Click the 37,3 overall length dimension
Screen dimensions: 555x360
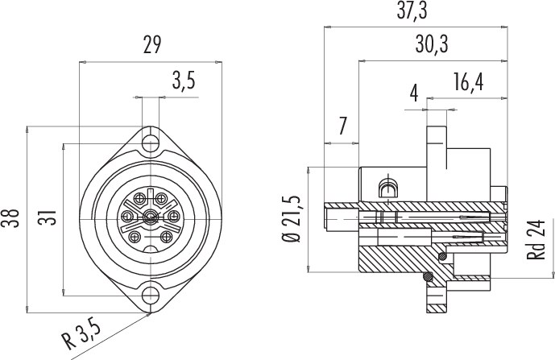tap(412, 10)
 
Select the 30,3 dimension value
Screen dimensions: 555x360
tap(432, 44)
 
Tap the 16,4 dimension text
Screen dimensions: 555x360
tap(468, 82)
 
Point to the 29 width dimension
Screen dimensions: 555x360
tap(152, 44)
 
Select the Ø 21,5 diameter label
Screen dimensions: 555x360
tap(292, 219)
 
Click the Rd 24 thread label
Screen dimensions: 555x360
tap(536, 240)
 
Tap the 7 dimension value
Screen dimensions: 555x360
tap(342, 126)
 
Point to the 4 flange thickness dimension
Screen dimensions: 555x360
tap(414, 93)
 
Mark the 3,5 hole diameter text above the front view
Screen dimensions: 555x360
tap(184, 81)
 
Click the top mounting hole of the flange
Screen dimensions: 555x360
tap(151, 143)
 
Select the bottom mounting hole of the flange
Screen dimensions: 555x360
tap(151, 295)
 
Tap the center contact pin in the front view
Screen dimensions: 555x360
tap(151, 217)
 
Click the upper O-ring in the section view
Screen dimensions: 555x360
tap(442, 258)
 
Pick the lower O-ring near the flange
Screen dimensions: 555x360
tap(428, 276)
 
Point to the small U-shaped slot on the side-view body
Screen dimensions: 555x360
tap(388, 188)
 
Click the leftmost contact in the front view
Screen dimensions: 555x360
tap(127, 216)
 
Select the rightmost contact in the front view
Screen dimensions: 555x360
tap(173, 216)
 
